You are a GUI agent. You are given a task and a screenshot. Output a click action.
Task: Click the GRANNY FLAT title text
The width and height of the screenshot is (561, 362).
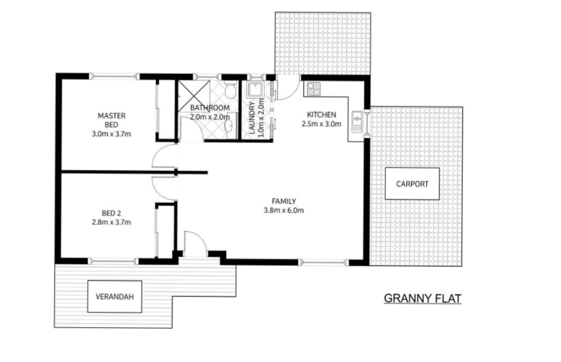tap(422, 298)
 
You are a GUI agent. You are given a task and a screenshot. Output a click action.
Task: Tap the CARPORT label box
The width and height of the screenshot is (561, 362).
tap(412, 184)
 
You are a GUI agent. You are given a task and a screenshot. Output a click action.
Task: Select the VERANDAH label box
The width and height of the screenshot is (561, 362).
tap(115, 296)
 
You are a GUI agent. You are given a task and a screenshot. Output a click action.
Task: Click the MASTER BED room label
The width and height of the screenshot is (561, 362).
tap(112, 120)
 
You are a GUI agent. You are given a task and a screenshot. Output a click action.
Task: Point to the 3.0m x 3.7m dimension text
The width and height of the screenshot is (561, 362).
tap(111, 134)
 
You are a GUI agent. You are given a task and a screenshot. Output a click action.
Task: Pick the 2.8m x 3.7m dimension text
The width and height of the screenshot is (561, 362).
tap(111, 222)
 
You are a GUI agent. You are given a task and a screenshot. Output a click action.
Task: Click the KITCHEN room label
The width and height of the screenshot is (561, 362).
tap(321, 115)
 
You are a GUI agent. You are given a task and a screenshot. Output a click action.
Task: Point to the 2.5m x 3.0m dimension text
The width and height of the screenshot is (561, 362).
tap(321, 124)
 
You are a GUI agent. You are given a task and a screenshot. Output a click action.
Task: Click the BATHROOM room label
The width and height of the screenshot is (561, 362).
tap(210, 108)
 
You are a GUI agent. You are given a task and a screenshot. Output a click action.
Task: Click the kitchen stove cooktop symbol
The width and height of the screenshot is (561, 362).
tap(313, 89)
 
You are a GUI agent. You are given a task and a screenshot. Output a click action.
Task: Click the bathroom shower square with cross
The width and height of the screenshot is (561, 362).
tap(191, 93)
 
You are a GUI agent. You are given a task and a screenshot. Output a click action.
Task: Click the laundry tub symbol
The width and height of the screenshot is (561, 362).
tap(256, 89)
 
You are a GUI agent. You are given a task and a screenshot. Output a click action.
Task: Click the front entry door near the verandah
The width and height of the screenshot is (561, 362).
tap(194, 244)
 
